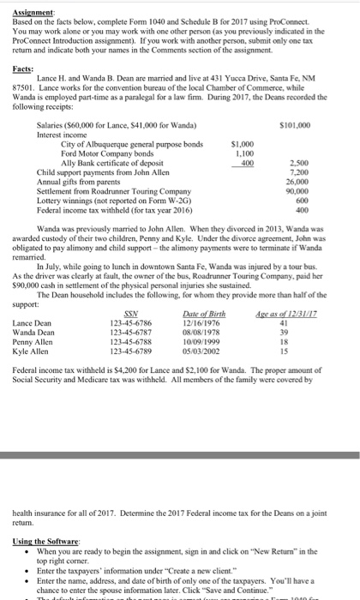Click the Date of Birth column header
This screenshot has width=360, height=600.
(202, 339)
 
